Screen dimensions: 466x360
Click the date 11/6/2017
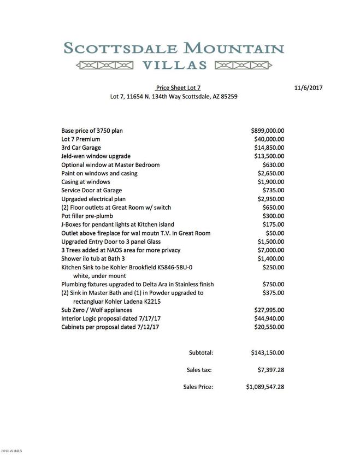(x=309, y=87)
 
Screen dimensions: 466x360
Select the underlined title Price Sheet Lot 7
(x=178, y=87)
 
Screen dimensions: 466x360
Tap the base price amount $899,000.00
(x=268, y=131)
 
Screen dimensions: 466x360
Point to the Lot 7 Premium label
(x=80, y=139)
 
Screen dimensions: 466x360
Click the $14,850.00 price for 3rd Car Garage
(x=269, y=148)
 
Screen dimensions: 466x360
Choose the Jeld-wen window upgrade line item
(x=96, y=156)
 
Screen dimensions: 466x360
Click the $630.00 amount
(x=273, y=164)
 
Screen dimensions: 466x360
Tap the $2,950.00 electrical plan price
(x=271, y=199)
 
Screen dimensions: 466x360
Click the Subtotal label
(x=201, y=353)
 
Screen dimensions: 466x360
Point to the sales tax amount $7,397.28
(x=271, y=370)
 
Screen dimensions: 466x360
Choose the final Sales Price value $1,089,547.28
(x=265, y=387)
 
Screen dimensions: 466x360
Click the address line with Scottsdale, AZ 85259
(x=174, y=96)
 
